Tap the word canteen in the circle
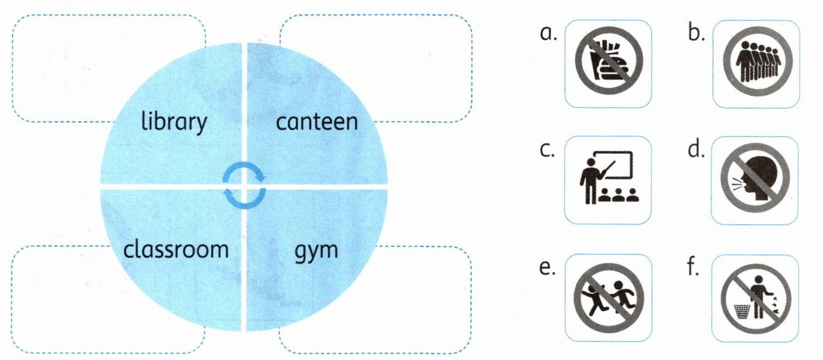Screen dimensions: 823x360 coord(317,122)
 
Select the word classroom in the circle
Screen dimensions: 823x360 coord(175,249)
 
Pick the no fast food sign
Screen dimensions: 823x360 coord(608,64)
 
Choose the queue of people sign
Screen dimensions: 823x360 coord(756,64)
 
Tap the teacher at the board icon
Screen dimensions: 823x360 coord(608,180)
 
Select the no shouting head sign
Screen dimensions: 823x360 coord(756,180)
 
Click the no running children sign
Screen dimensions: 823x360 coord(608,298)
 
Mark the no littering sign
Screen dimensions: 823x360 coord(756,298)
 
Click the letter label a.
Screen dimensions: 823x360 coord(548,34)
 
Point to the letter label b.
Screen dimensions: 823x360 coord(696,34)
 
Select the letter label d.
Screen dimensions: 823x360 coord(696,151)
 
